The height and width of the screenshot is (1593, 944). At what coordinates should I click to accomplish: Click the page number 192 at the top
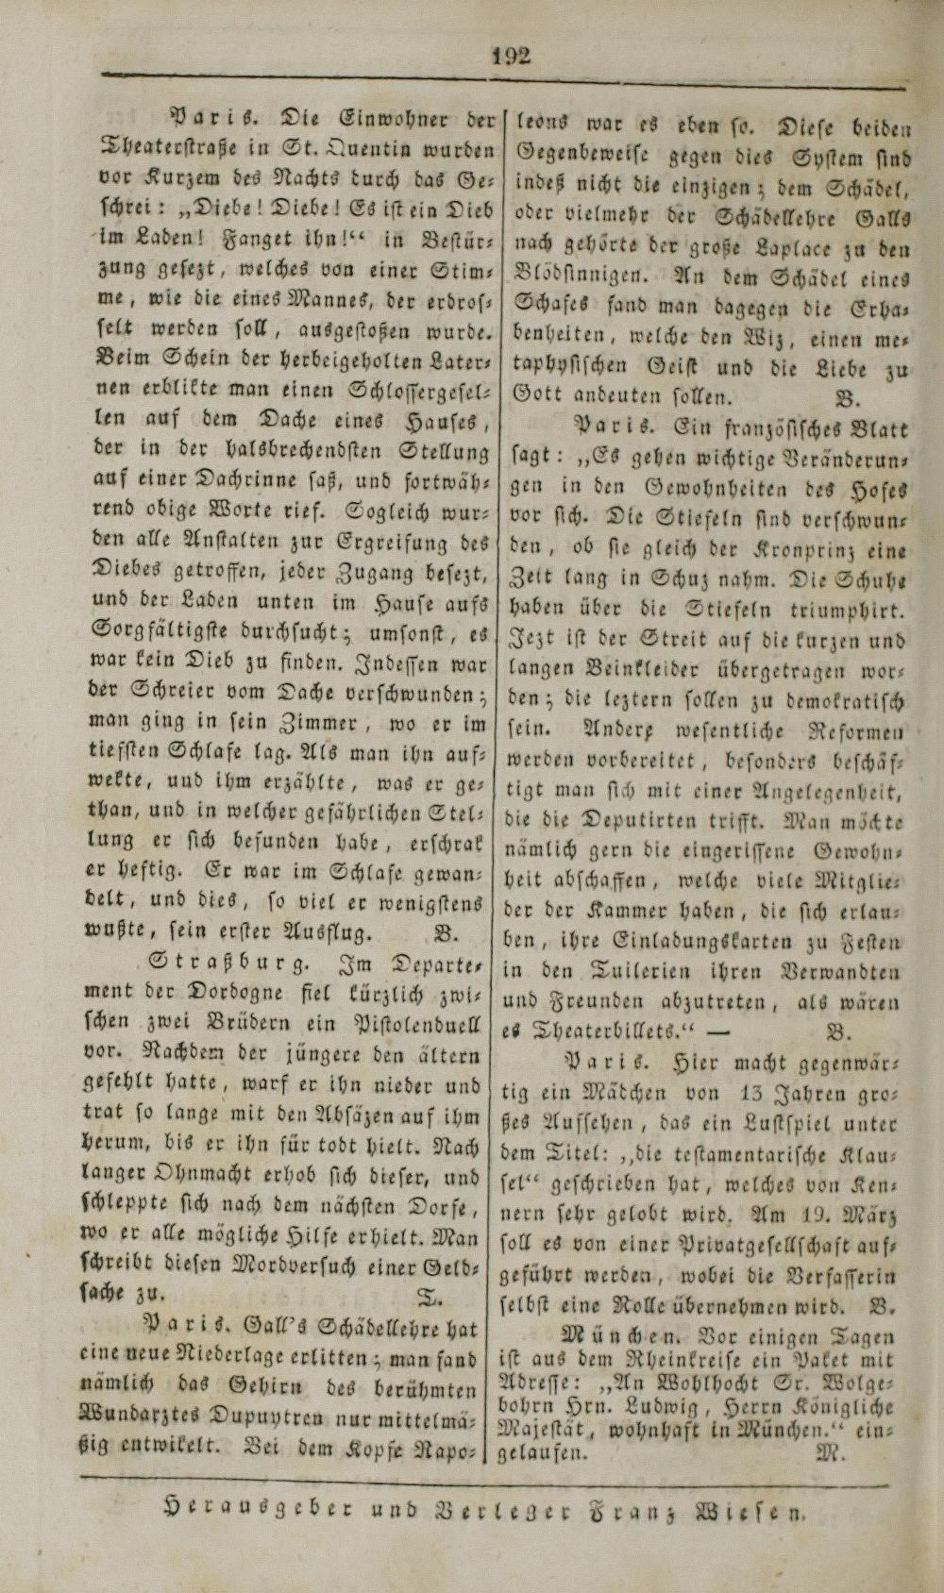(x=511, y=54)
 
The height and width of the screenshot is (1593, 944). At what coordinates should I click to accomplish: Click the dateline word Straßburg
(x=227, y=965)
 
